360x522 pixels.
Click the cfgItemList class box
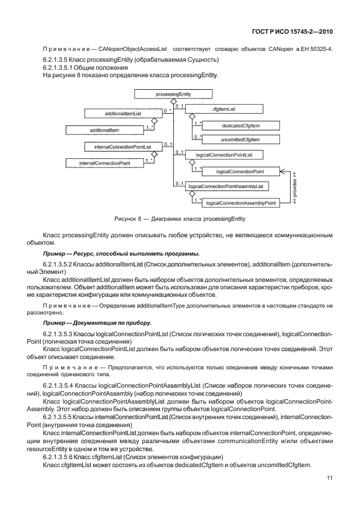tap(225, 108)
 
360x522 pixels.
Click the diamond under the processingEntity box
tap(173, 101)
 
